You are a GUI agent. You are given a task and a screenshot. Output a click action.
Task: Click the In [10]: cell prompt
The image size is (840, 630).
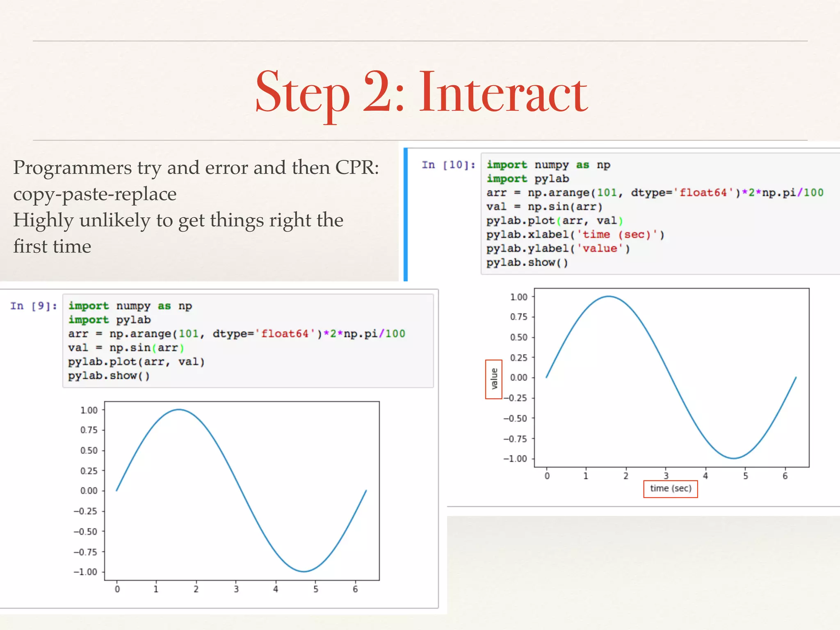pyautogui.click(x=448, y=165)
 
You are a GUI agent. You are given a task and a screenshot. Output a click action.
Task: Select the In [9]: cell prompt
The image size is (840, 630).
pyautogui.click(x=34, y=306)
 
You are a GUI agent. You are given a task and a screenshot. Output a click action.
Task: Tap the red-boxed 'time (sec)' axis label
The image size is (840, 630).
pyautogui.click(x=670, y=488)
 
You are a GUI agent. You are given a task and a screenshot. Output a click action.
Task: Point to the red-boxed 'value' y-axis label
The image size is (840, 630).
pyautogui.click(x=494, y=379)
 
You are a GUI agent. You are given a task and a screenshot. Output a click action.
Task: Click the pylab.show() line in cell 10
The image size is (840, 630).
pyautogui.click(x=527, y=262)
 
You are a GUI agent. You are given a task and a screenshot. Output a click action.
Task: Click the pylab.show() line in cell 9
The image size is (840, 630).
pyautogui.click(x=109, y=376)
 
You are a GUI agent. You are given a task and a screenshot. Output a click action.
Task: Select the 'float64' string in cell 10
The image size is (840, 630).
pyautogui.click(x=703, y=193)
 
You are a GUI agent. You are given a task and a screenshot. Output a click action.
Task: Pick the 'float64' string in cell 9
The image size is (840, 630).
pyautogui.click(x=285, y=334)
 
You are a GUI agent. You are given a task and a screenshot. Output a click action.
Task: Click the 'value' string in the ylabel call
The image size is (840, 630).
pyautogui.click(x=600, y=249)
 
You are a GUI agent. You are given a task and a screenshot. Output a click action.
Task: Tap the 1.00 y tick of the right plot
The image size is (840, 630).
pyautogui.click(x=519, y=297)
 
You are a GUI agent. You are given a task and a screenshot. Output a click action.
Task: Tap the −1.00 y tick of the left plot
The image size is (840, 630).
pyautogui.click(x=86, y=572)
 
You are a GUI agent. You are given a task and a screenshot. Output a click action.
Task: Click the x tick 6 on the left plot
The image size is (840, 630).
pyautogui.click(x=355, y=589)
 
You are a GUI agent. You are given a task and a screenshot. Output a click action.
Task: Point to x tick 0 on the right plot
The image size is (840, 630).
pyautogui.click(x=547, y=476)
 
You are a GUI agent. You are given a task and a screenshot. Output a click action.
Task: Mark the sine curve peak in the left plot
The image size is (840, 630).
pyautogui.click(x=179, y=409)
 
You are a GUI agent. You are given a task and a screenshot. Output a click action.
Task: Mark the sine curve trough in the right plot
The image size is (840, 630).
pyautogui.click(x=733, y=458)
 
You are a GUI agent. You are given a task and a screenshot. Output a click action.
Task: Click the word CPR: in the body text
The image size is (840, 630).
pyautogui.click(x=357, y=167)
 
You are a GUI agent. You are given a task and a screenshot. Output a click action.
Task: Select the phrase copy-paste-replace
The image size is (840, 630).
pyautogui.click(x=95, y=194)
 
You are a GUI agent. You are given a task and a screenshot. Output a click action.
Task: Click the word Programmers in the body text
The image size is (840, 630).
pyautogui.click(x=73, y=167)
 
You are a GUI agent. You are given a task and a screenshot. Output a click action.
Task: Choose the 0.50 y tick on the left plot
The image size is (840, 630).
pyautogui.click(x=89, y=450)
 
